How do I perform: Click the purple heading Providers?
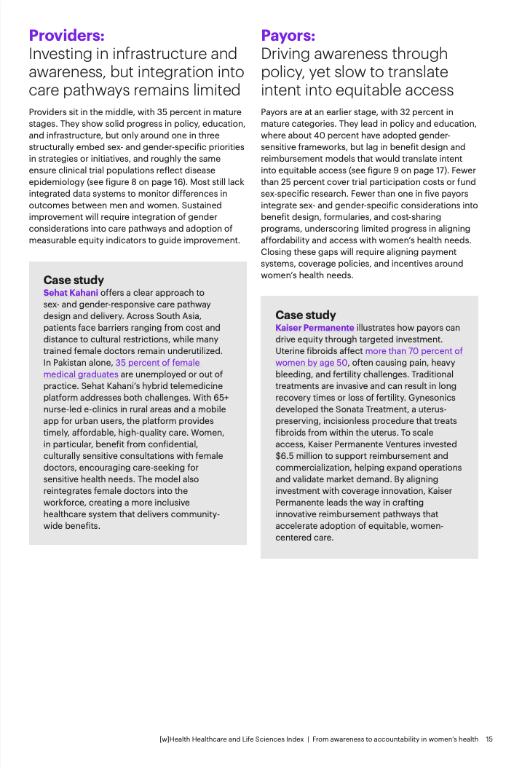click(x=66, y=35)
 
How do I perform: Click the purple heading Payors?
click(x=288, y=35)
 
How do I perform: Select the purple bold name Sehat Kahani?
click(x=71, y=293)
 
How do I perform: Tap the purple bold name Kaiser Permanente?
click(x=315, y=328)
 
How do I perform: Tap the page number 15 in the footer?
click(x=489, y=739)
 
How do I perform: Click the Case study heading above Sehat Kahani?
click(x=74, y=280)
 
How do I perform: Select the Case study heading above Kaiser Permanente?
click(x=306, y=315)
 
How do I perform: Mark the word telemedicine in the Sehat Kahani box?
click(x=195, y=386)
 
